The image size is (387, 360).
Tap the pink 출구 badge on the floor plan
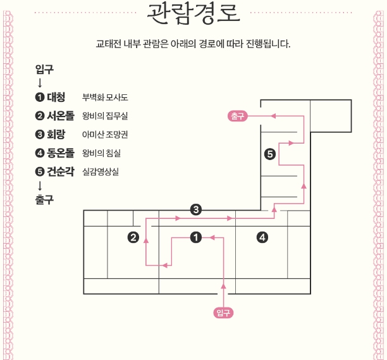click(238, 116)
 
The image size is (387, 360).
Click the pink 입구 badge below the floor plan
click(223, 313)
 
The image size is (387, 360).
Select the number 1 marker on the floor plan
click(196, 237)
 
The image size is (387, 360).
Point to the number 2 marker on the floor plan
click(133, 237)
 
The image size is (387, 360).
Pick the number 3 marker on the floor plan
click(196, 209)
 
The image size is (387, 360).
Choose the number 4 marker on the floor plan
click(262, 237)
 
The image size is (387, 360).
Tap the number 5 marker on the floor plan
click(270, 154)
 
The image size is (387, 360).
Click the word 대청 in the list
click(56, 97)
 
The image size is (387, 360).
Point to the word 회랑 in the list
click(56, 134)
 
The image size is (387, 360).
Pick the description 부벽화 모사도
click(105, 97)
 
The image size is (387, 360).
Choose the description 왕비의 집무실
click(105, 116)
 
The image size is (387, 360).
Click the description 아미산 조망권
click(105, 134)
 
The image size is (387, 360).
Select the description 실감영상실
click(101, 171)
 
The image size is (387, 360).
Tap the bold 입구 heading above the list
click(44, 69)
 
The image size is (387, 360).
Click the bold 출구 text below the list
click(44, 200)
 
